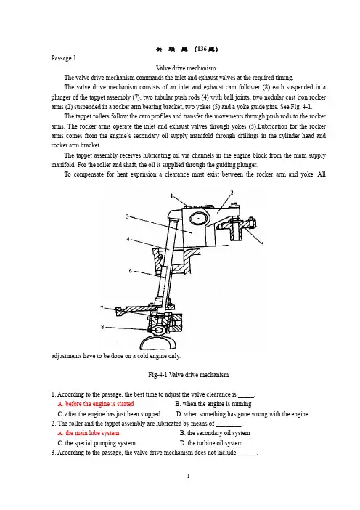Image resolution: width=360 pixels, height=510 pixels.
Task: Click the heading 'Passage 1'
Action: point(63,58)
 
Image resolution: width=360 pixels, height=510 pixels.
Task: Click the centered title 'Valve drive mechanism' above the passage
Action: point(186,68)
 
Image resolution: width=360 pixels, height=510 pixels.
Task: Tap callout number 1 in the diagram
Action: point(172,195)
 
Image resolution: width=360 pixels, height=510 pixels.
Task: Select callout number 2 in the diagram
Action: point(232,193)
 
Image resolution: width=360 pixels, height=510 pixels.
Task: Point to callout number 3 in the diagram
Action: point(127,216)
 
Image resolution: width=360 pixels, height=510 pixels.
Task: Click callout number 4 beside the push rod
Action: point(128,239)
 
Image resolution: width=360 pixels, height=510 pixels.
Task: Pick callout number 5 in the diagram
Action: point(262,244)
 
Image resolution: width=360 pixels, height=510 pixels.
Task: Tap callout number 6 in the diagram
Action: point(131,270)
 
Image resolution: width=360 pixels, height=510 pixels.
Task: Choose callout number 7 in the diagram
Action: point(102,307)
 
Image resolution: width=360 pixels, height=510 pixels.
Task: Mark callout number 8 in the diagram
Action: point(102,327)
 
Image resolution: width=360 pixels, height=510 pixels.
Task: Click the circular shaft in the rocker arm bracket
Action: point(199,219)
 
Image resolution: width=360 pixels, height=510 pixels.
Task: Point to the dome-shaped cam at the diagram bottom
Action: point(158,342)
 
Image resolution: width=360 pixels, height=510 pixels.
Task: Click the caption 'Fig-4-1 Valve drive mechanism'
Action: point(188,375)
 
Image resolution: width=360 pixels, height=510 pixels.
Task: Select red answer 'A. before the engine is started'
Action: point(96,404)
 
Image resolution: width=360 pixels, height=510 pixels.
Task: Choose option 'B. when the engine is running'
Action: point(213,404)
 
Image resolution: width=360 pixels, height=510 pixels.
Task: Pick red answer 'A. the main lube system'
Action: point(89,433)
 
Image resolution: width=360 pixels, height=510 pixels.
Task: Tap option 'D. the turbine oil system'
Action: point(211,443)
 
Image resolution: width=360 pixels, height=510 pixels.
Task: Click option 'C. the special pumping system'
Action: point(97,443)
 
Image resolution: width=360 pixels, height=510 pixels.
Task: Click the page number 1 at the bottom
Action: point(188,476)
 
